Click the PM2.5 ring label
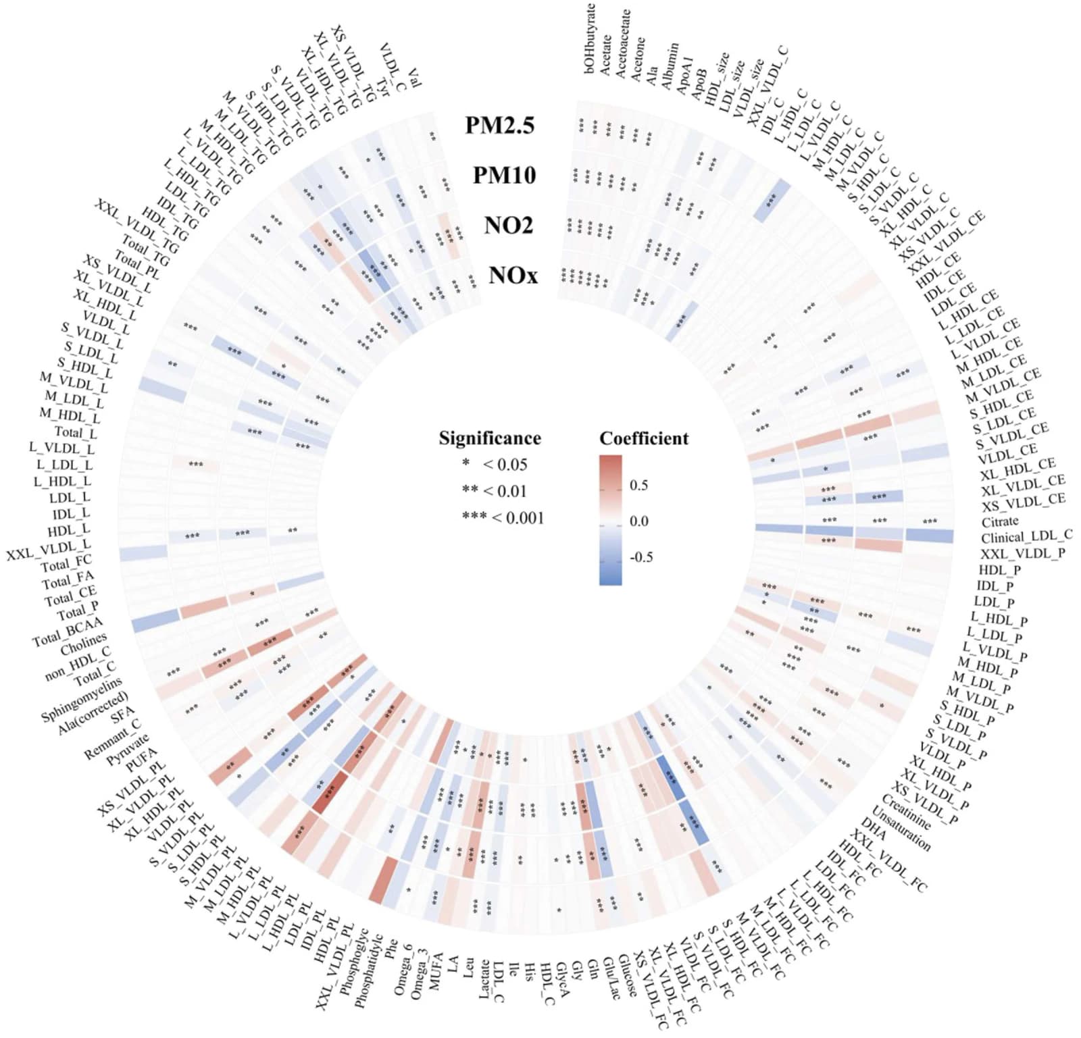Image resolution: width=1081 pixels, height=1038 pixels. pos(499,125)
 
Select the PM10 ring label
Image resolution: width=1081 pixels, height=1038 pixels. pos(504,175)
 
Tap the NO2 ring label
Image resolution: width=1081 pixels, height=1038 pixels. pos(508,225)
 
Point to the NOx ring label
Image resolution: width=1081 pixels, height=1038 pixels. pos(513,275)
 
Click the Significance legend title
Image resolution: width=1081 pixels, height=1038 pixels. pos(490,438)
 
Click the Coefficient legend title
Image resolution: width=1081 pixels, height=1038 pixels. pos(644,438)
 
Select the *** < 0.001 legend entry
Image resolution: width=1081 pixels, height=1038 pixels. pos(503,517)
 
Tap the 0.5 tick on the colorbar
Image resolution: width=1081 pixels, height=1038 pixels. pos(638,486)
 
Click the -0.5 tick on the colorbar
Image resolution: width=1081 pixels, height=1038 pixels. pos(640,557)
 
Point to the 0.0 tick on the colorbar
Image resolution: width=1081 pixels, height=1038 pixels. pos(638,521)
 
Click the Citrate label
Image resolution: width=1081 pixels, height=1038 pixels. pos(1000,521)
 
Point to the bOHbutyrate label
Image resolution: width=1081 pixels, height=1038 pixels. pos(590,38)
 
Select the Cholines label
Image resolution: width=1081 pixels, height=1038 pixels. pos(84,644)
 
